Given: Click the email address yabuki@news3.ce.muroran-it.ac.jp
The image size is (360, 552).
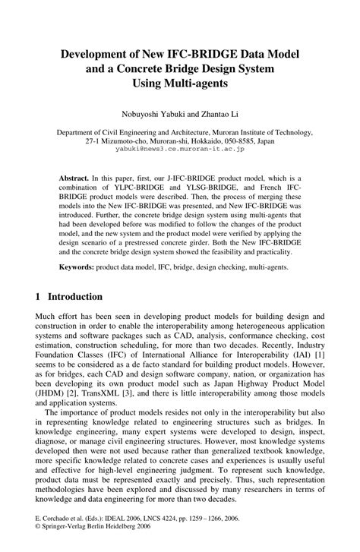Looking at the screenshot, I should (x=179, y=150).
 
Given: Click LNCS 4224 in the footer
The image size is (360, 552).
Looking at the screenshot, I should (x=165, y=535).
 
